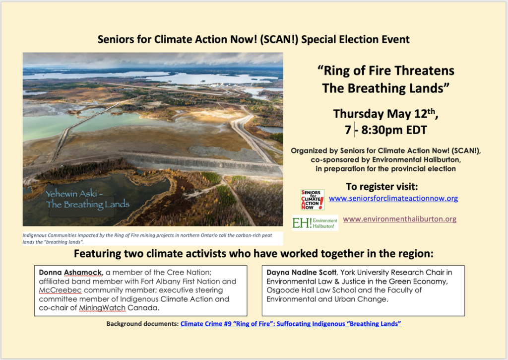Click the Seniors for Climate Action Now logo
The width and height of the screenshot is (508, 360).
point(313,200)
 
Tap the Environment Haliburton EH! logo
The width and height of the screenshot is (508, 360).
point(315,223)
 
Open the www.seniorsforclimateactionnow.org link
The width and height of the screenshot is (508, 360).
point(393,199)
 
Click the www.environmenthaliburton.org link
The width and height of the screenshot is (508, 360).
point(400,219)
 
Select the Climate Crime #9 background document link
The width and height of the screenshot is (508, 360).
point(291,324)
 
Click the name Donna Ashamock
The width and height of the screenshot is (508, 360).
point(70,273)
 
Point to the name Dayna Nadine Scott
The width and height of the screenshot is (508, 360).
point(302,273)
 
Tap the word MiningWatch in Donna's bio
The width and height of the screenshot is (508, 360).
point(102,308)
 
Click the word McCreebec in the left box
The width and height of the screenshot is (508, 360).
point(60,290)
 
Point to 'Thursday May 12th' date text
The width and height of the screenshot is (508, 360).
point(385,114)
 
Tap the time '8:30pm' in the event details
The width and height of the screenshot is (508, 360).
point(381,130)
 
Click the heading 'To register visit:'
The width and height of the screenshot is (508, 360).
point(382,187)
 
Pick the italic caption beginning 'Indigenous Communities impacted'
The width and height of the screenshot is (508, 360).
point(147,238)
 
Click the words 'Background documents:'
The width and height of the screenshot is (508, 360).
point(142,324)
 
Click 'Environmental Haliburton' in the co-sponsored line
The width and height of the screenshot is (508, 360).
point(416,159)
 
